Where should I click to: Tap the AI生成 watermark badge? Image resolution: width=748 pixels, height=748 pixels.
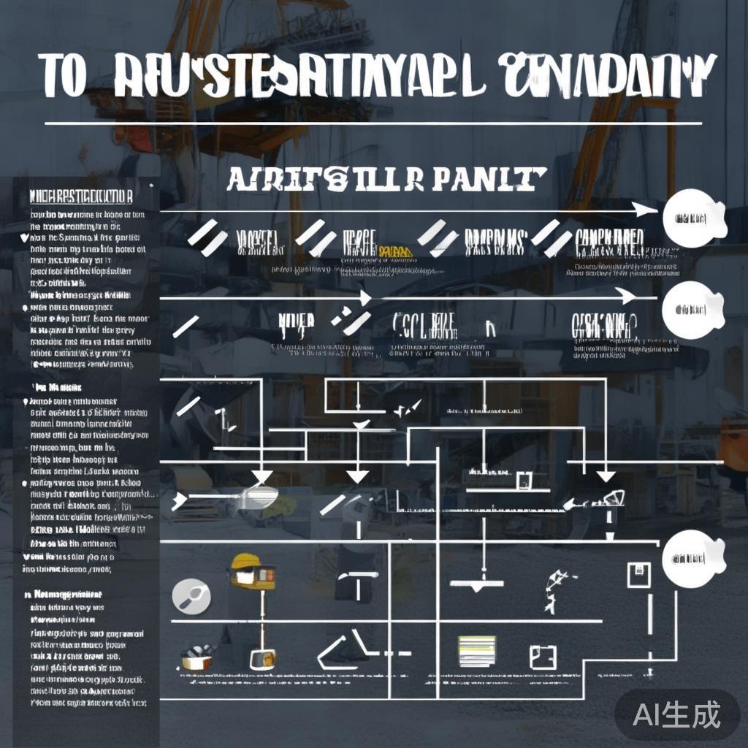pyautogui.click(x=677, y=714)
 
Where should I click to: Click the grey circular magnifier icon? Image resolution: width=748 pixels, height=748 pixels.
pyautogui.click(x=191, y=597)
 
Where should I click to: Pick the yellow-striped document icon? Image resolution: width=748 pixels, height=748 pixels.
pyautogui.click(x=476, y=650)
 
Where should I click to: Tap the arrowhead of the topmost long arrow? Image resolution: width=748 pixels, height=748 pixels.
pyautogui.click(x=645, y=210)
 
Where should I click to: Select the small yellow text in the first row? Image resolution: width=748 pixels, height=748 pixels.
pyautogui.click(x=396, y=251)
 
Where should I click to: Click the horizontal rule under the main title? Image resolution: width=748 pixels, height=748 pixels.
pyautogui.click(x=373, y=123)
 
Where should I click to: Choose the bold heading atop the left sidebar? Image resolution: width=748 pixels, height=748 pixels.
pyautogui.click(x=80, y=197)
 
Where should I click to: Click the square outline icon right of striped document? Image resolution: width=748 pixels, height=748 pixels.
pyautogui.click(x=543, y=655)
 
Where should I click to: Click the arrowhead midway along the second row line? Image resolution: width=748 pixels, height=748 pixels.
pyautogui.click(x=365, y=298)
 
